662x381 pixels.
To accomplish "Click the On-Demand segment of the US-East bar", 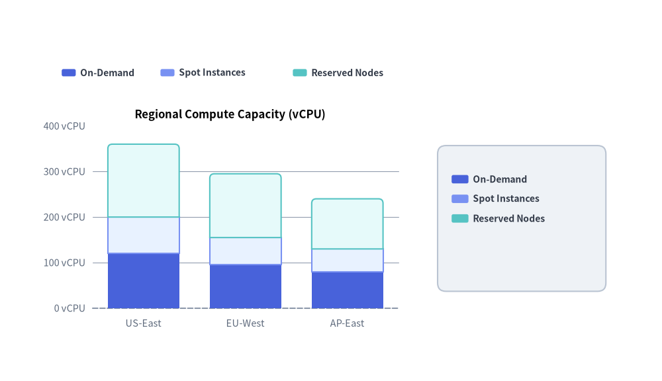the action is click(144, 281).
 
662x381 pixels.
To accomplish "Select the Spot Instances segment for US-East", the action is click(144, 235).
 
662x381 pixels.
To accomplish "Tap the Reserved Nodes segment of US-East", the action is click(144, 181).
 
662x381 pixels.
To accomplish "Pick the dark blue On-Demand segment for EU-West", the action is click(246, 286).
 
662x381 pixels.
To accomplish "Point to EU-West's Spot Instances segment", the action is click(246, 251).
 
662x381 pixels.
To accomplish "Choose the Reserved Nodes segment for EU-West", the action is click(246, 206).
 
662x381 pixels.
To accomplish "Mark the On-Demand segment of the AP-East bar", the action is click(348, 290).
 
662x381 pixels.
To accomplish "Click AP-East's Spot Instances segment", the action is click(348, 261).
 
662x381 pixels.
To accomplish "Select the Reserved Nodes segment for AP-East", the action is click(348, 224).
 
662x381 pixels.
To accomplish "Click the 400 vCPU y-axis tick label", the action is click(64, 126).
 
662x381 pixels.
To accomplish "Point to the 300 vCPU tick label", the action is click(64, 172).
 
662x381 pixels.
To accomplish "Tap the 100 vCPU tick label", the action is click(64, 263).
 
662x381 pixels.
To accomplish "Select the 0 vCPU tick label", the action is click(70, 308).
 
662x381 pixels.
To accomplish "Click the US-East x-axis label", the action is click(144, 323).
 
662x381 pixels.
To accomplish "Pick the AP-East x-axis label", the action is click(347, 323).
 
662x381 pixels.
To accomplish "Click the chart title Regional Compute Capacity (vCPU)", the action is click(230, 114).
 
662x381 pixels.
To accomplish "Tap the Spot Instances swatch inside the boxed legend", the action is click(460, 198).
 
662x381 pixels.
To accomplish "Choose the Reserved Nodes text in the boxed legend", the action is click(508, 218).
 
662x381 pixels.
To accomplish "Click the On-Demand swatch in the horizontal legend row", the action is click(69, 73).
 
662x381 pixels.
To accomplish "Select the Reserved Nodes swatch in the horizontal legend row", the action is click(300, 73).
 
